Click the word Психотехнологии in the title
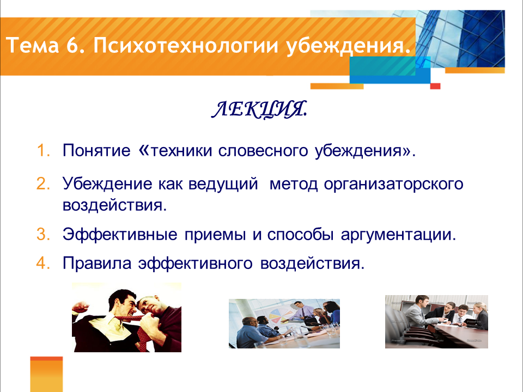pyautogui.click(x=186, y=46)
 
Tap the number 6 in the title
pyautogui.click(x=72, y=45)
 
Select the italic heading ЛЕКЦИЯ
pyautogui.click(x=259, y=109)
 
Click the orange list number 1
pyautogui.click(x=43, y=150)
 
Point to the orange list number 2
pyautogui.click(x=43, y=184)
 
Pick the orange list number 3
pyautogui.click(x=43, y=234)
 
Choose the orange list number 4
pyautogui.click(x=43, y=263)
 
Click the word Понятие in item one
pyautogui.click(x=96, y=151)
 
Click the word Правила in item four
pyautogui.click(x=97, y=264)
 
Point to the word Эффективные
pyautogui.click(x=120, y=234)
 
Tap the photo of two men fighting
pyautogui.click(x=127, y=317)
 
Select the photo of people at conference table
pyautogui.click(x=436, y=322)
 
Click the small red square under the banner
pyautogui.click(x=435, y=87)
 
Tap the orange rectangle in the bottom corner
pyautogui.click(x=46, y=375)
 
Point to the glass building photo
pyautogui.click(x=460, y=38)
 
